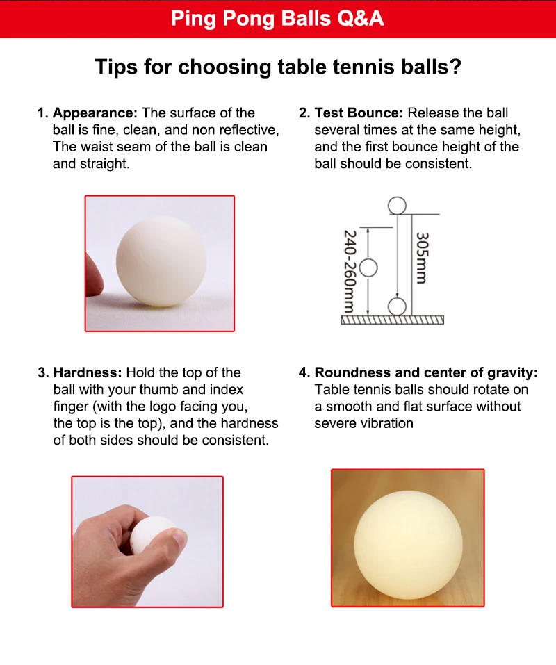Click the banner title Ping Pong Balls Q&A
point(277,18)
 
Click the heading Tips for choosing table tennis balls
point(278,67)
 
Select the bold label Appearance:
point(95,113)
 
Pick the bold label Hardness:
point(88,372)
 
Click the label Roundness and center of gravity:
point(426,372)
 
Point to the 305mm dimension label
point(421,258)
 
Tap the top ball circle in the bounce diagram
point(397,206)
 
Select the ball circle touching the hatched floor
point(397,306)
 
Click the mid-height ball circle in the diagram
point(368,268)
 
